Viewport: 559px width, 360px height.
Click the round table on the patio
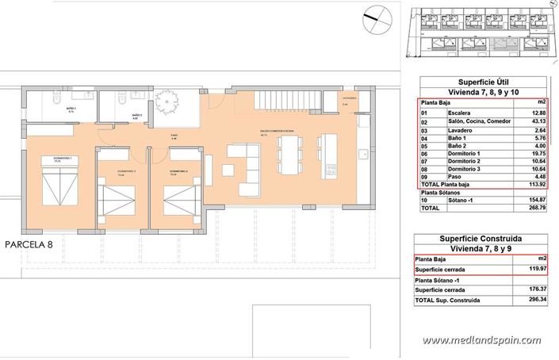[169, 102]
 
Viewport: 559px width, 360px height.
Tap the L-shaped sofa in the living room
[239, 159]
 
